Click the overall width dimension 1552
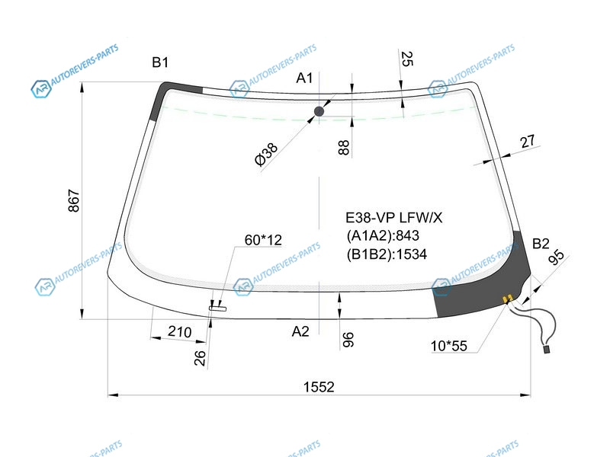[x=319, y=387]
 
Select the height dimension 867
[x=73, y=200]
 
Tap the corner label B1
[x=160, y=62]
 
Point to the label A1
[x=304, y=78]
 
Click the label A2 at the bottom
[x=300, y=331]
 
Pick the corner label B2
[x=541, y=244]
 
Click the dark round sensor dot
[x=319, y=111]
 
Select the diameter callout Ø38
[x=266, y=154]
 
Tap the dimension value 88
[x=344, y=148]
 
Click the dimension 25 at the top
[x=406, y=59]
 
